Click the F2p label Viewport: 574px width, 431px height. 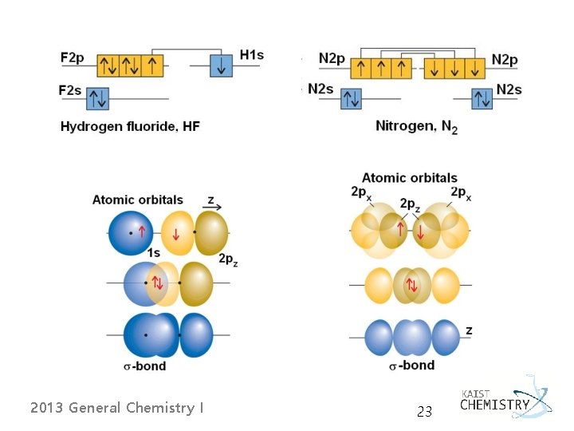[x=73, y=57]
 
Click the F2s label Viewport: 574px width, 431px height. [x=70, y=90]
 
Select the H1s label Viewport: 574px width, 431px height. [x=251, y=55]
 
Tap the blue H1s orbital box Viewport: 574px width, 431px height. [x=222, y=65]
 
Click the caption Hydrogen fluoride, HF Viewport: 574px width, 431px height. [x=130, y=127]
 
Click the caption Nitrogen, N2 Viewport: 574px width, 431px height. [x=416, y=127]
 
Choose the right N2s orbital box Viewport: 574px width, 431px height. [x=482, y=98]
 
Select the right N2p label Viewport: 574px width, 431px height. [x=505, y=58]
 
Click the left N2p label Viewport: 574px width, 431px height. [x=332, y=58]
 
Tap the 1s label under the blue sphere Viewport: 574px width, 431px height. [x=153, y=253]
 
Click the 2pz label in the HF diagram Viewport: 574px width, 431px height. [x=228, y=259]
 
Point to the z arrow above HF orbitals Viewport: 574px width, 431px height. [x=214, y=204]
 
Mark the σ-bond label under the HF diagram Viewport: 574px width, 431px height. [x=144, y=366]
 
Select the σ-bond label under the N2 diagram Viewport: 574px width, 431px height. [x=411, y=365]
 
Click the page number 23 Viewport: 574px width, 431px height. [x=424, y=412]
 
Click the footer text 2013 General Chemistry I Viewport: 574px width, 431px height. [x=116, y=408]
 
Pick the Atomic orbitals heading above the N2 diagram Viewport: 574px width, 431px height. [x=409, y=177]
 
